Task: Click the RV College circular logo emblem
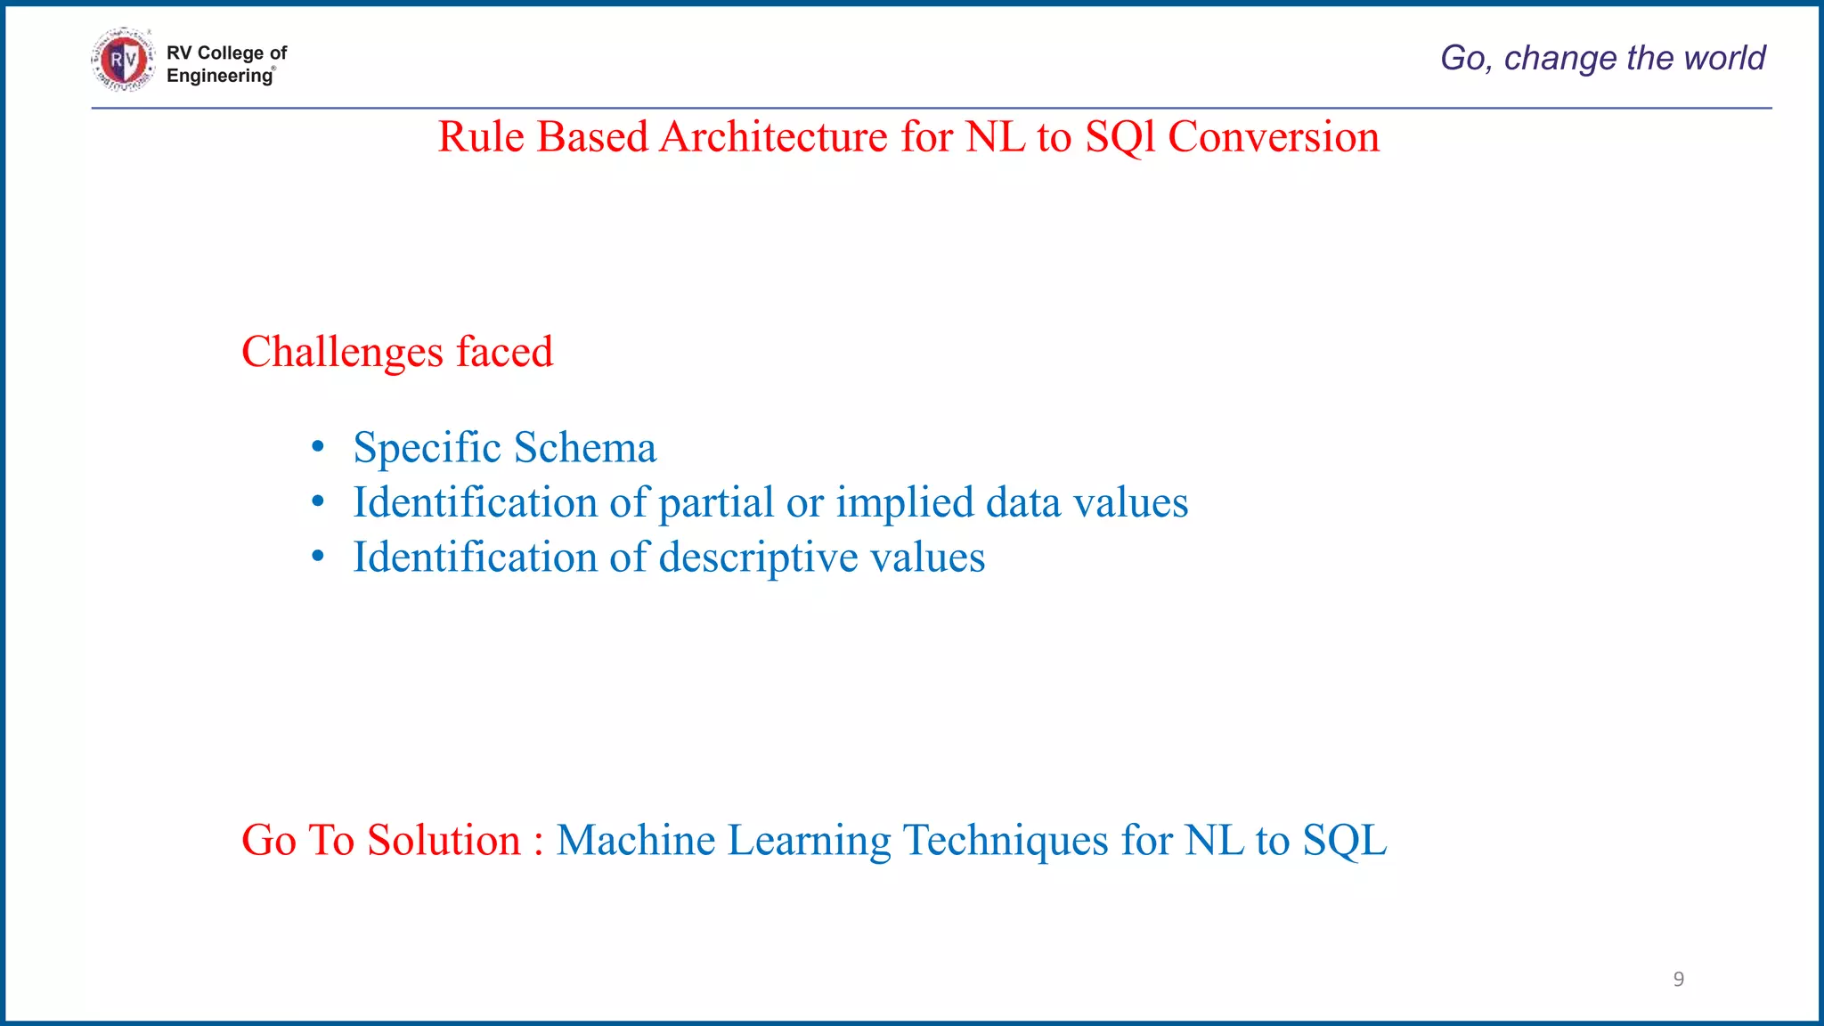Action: pos(123,60)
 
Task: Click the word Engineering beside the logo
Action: pos(219,76)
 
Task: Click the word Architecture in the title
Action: pos(773,137)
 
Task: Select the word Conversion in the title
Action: pos(1273,137)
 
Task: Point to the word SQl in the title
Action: pos(1120,137)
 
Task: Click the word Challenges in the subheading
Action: pos(342,352)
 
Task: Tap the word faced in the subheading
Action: pos(505,352)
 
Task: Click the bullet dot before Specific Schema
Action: pos(318,447)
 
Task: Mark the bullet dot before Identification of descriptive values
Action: pos(318,558)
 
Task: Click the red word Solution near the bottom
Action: pos(444,840)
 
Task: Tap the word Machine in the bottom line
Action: pos(635,840)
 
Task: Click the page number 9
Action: pos(1678,979)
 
